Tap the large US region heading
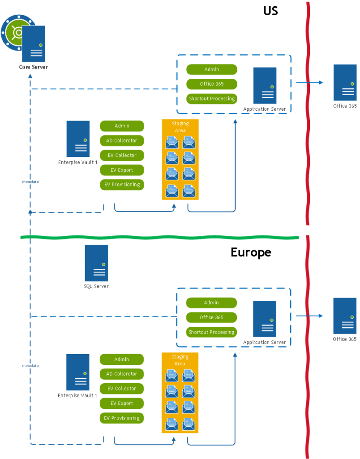(x=270, y=10)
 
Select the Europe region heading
(x=251, y=252)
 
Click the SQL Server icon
(x=96, y=263)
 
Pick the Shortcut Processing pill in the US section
(x=211, y=99)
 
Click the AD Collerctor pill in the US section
(x=122, y=141)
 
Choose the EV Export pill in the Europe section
(x=122, y=403)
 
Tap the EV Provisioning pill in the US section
(x=122, y=185)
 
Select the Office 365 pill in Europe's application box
(x=211, y=317)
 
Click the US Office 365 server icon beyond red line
(x=345, y=82)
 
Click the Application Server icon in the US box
(x=264, y=86)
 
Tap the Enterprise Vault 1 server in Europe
(x=78, y=372)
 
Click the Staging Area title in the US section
(x=180, y=127)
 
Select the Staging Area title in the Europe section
(x=180, y=360)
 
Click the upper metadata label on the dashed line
(x=30, y=182)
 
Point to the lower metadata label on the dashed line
(x=30, y=366)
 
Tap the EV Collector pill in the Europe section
(x=122, y=389)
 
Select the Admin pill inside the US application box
(x=211, y=69)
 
